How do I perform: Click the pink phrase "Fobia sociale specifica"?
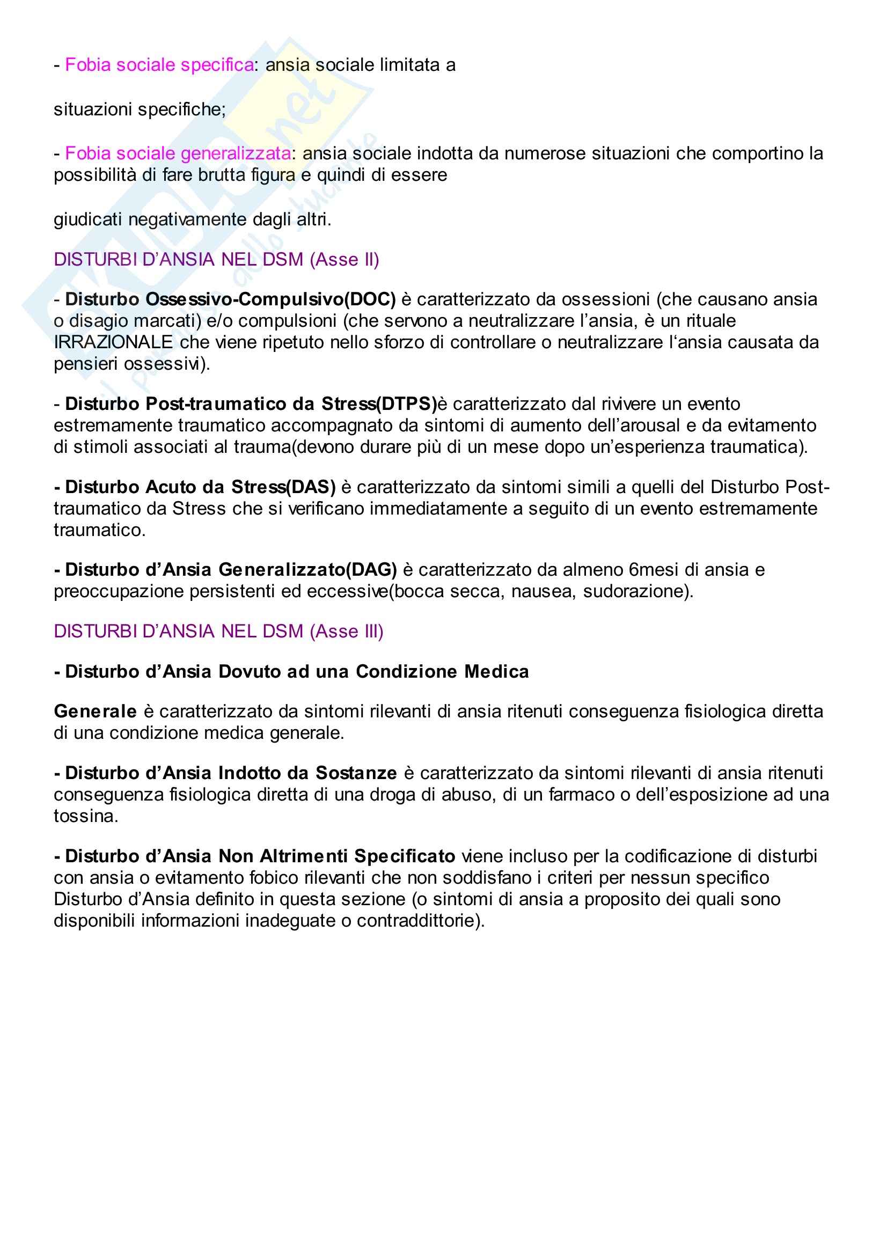(x=159, y=65)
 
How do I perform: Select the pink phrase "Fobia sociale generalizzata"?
(x=178, y=153)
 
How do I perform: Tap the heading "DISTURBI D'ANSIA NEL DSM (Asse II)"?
(x=216, y=259)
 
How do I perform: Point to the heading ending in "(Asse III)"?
(x=218, y=632)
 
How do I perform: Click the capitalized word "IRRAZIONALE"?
(x=113, y=342)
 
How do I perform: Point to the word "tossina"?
(x=85, y=816)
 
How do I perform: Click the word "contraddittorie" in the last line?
(x=419, y=921)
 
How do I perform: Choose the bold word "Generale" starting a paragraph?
(x=95, y=711)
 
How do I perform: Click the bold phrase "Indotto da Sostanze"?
(x=307, y=773)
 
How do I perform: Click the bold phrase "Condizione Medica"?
(x=442, y=671)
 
